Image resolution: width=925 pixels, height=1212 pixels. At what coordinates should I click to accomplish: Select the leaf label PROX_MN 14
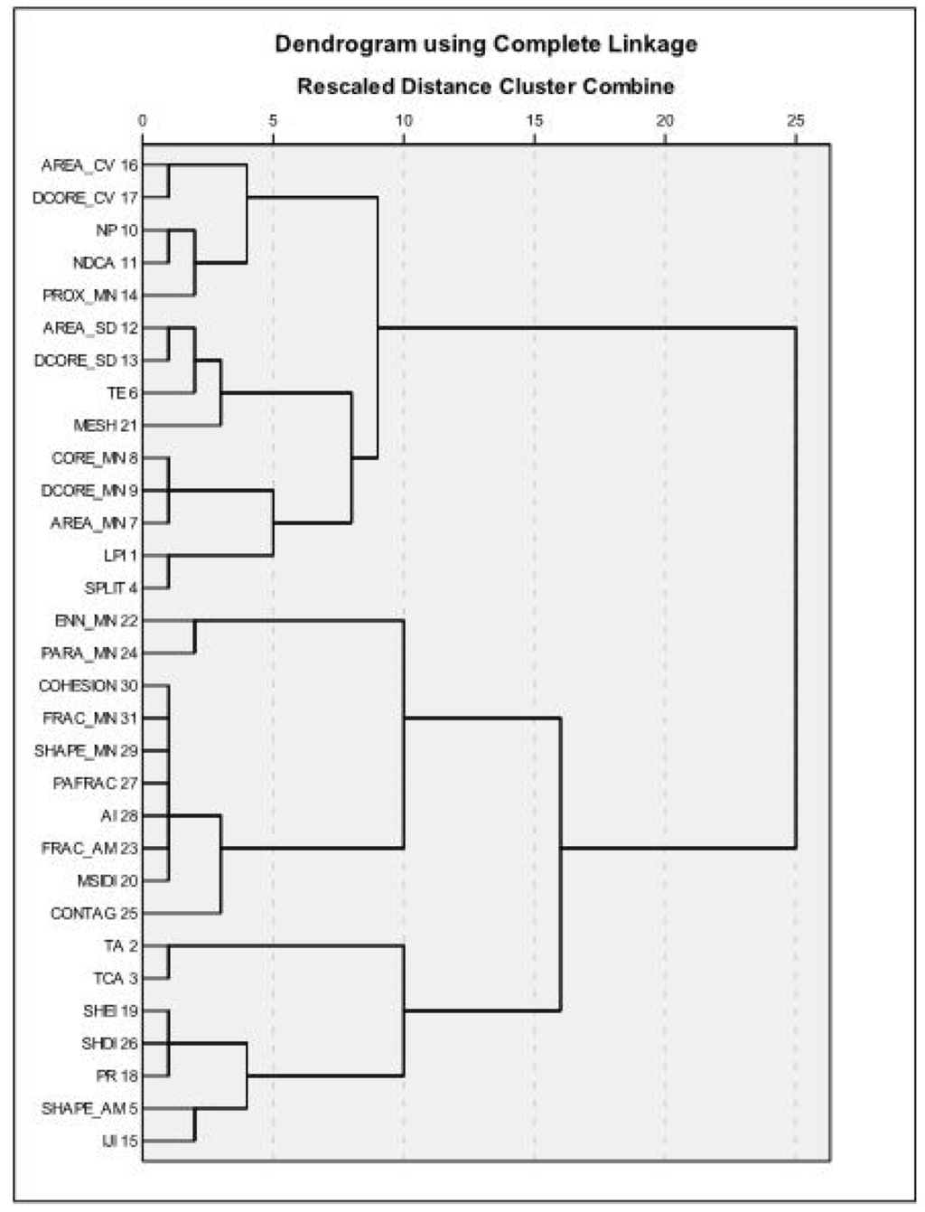[90, 296]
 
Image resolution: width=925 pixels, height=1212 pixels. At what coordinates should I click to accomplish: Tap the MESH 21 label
[107, 426]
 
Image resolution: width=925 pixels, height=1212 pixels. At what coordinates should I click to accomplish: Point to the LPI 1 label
[121, 556]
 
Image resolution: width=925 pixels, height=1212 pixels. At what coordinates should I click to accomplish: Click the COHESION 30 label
[89, 686]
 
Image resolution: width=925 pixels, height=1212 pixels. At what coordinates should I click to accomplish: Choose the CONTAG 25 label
[94, 914]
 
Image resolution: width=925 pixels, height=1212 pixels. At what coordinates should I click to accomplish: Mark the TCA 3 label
[115, 979]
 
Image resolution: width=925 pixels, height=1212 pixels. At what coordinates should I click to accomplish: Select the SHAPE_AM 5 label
[89, 1109]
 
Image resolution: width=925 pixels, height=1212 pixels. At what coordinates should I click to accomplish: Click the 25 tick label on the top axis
[796, 120]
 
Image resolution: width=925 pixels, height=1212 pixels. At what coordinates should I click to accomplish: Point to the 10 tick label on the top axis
[404, 120]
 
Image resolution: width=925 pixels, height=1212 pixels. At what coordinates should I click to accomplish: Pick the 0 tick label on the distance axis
[143, 120]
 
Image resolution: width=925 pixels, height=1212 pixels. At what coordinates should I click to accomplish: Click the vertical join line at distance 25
[796, 588]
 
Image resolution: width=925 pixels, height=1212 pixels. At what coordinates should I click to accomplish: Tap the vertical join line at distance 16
[561, 864]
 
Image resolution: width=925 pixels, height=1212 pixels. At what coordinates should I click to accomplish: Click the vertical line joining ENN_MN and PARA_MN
[195, 637]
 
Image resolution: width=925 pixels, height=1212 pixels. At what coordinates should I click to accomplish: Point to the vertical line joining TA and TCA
[169, 963]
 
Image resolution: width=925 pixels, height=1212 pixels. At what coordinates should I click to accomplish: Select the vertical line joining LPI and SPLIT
[169, 572]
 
